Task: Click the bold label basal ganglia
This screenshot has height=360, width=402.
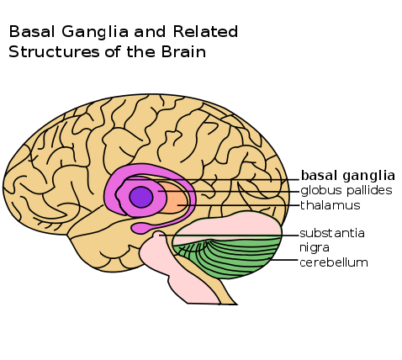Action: tap(347, 177)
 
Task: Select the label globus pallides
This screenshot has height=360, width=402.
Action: tap(346, 191)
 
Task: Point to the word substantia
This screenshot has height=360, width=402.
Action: tap(332, 233)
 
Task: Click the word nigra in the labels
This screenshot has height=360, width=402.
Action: tap(315, 247)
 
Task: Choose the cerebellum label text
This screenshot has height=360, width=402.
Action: tap(334, 262)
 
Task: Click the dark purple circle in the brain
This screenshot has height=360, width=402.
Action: tap(141, 196)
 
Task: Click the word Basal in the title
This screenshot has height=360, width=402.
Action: tap(29, 32)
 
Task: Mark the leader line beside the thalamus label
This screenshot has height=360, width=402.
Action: tap(244, 205)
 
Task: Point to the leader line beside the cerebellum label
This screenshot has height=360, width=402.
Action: tap(282, 262)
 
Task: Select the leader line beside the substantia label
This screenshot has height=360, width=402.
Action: tap(252, 235)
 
